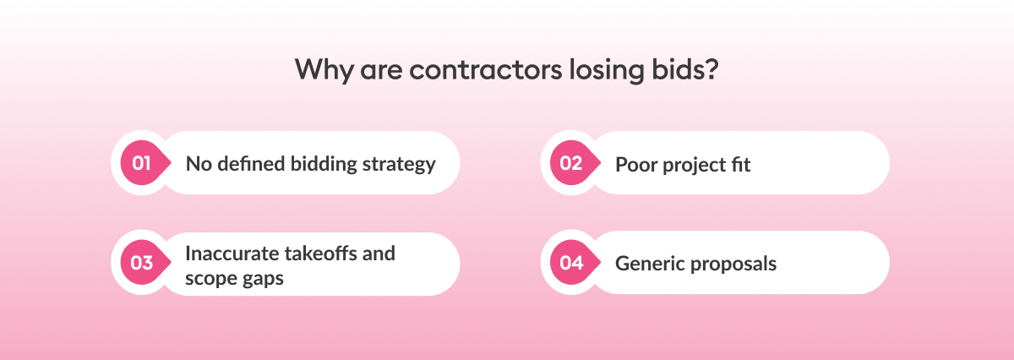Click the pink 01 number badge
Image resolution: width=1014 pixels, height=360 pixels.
(x=141, y=163)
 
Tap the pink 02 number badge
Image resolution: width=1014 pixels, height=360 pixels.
(x=571, y=163)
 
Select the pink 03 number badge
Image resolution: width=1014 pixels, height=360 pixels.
(x=141, y=263)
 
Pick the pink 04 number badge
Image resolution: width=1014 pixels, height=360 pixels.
(x=571, y=263)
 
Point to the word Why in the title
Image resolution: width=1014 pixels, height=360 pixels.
(x=322, y=69)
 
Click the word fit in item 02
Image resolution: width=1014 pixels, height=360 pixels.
(x=740, y=164)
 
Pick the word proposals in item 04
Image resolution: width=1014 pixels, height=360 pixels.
(x=733, y=264)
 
